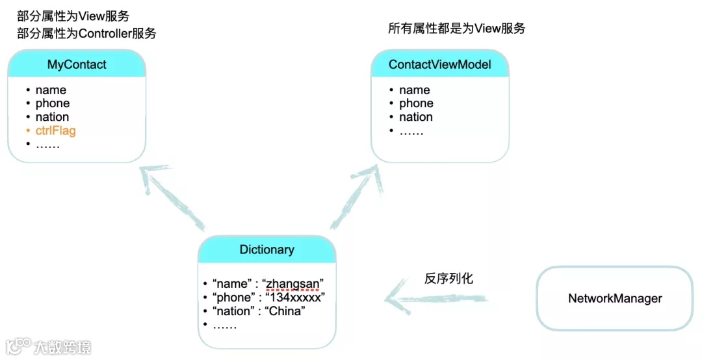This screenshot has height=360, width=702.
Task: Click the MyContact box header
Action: (x=77, y=64)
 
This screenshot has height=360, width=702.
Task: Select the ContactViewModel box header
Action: (x=439, y=64)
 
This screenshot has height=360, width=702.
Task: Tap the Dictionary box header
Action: (x=266, y=250)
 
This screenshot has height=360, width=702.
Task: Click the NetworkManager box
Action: (x=614, y=298)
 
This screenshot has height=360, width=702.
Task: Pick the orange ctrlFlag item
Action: (x=55, y=131)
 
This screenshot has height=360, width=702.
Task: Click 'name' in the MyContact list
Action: (x=51, y=90)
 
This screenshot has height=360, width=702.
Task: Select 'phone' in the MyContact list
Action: (x=53, y=104)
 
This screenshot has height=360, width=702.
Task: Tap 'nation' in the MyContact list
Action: (x=52, y=118)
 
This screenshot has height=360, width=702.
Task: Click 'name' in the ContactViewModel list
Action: (x=415, y=90)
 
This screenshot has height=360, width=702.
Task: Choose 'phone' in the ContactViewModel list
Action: (x=416, y=104)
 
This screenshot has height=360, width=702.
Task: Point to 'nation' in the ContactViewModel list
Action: (x=416, y=118)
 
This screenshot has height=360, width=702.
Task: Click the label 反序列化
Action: (x=448, y=279)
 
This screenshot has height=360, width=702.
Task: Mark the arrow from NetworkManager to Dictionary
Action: (x=435, y=299)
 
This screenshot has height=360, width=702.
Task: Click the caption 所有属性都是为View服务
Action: (x=456, y=29)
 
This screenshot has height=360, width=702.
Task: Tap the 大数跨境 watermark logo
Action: (x=49, y=346)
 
